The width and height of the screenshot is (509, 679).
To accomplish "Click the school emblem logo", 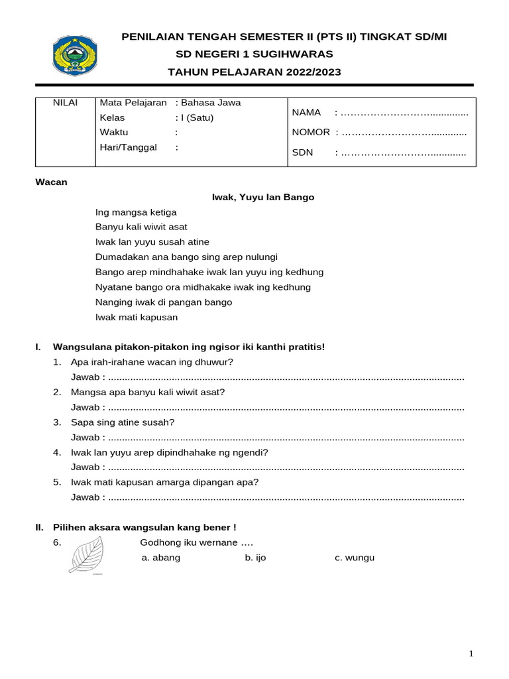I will [x=74, y=55].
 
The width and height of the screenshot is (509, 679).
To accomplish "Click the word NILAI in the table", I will [x=65, y=103].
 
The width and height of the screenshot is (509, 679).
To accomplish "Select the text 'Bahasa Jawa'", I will [x=211, y=103].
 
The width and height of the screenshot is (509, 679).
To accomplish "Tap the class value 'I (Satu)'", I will [x=197, y=118].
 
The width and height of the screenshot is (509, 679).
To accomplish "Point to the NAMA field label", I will [x=306, y=113].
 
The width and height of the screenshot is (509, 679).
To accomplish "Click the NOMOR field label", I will [x=311, y=133].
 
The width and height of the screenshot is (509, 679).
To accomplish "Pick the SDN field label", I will [x=302, y=153].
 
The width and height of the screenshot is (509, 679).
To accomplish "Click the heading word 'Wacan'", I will [x=51, y=182].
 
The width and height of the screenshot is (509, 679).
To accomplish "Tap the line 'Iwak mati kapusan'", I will [x=137, y=317].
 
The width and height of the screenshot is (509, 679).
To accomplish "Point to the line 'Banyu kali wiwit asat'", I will [x=141, y=227].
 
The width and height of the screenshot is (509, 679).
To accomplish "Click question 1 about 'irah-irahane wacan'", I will [x=152, y=362].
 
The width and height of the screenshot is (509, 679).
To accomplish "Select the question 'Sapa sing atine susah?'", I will [x=123, y=422].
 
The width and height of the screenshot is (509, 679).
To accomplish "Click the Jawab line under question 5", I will [x=267, y=497].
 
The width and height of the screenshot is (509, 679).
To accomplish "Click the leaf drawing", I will [x=86, y=554].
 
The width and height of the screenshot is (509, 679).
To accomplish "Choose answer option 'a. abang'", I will [x=161, y=558].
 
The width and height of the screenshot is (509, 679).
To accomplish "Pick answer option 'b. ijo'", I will [x=255, y=558].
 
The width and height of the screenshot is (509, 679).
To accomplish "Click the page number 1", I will [x=471, y=654].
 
